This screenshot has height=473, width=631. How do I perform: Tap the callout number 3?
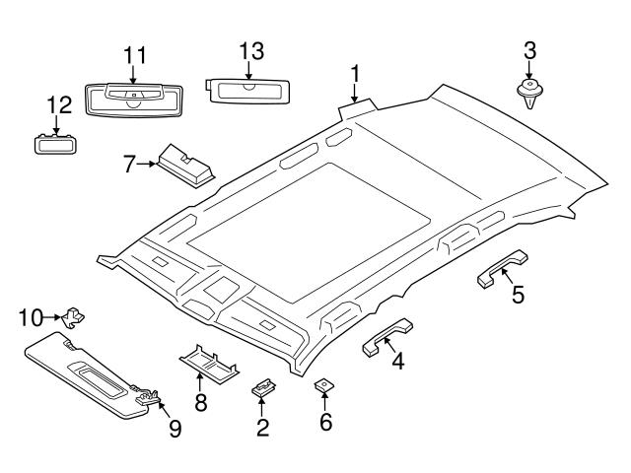529,49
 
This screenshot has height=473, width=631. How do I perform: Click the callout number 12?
58,103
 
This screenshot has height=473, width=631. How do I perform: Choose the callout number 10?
30,316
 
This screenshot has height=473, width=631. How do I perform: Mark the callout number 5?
518,294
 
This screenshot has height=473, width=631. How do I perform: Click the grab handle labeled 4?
386,334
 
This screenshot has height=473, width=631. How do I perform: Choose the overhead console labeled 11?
132,99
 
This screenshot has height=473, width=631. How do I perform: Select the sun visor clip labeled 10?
72,317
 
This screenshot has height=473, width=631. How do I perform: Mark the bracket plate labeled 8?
208,361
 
